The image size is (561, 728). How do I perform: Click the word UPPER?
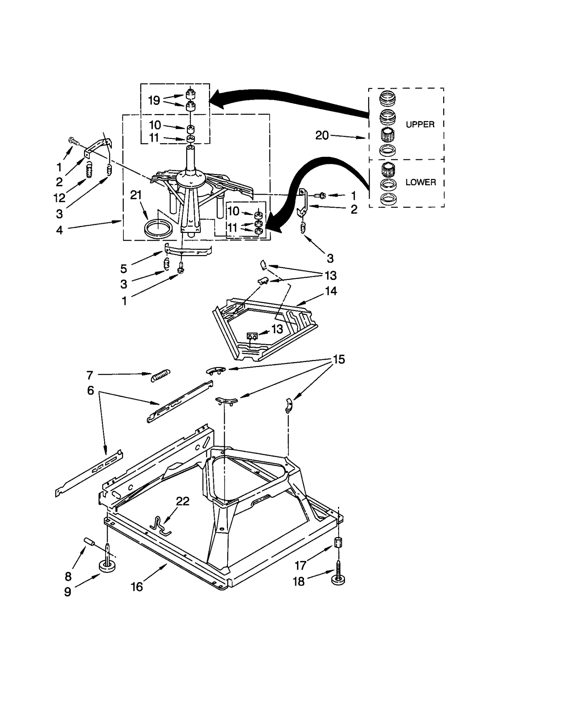pos(420,124)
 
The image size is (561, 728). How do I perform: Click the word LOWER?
pos(420,182)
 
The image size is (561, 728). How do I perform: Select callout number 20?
pos(322,135)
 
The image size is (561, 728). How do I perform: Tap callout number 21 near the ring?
pos(136,195)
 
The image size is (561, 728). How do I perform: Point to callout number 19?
pos(154,100)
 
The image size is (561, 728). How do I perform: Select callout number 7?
pos(90,375)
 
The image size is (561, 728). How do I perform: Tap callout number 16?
pos(137,587)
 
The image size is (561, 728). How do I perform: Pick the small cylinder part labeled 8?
pos(89,543)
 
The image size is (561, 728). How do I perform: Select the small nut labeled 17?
pos(338,542)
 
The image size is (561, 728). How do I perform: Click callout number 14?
pos(331,291)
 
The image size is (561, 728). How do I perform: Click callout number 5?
pos(123,269)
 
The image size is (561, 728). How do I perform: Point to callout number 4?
pos(59,230)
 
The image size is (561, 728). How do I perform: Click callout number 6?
pos(90,390)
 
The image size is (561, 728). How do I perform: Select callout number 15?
pos(339,359)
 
